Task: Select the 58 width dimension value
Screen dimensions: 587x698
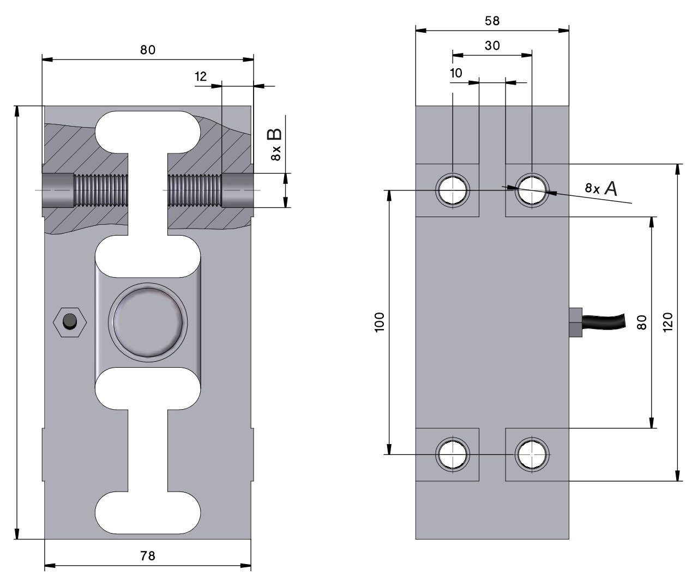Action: click(x=492, y=21)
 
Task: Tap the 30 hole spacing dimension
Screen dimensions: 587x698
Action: click(x=492, y=46)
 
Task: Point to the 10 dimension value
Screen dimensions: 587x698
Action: click(x=456, y=73)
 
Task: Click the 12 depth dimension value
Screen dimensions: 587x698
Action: click(x=201, y=76)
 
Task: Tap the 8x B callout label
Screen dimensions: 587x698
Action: click(x=275, y=144)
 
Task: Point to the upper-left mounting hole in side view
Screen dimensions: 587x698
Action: click(x=453, y=190)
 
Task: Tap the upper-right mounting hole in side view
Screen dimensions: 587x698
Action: click(x=532, y=190)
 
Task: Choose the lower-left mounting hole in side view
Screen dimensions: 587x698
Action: click(x=453, y=454)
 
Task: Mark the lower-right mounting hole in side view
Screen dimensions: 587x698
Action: click(x=532, y=454)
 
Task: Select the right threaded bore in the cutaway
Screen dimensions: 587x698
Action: click(x=195, y=190)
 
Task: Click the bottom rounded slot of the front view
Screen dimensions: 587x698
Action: click(x=148, y=513)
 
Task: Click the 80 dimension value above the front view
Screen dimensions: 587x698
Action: click(x=148, y=50)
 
